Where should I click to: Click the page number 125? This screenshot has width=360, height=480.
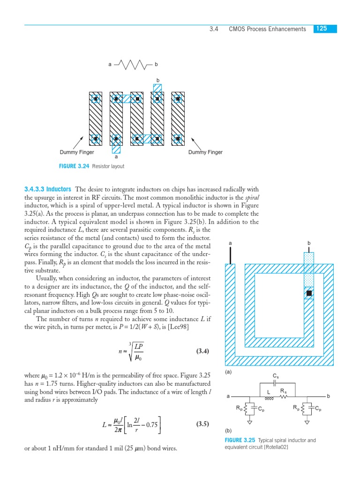tap(322, 29)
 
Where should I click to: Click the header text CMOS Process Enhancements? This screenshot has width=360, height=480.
tap(267, 29)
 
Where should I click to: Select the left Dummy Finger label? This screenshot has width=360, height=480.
tap(77, 152)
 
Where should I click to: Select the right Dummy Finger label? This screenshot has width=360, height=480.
tap(205, 152)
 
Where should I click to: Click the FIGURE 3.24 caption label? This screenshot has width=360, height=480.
tap(75, 166)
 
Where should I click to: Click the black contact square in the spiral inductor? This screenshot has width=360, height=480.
tap(309, 293)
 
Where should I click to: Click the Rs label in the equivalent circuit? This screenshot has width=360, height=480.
tap(283, 390)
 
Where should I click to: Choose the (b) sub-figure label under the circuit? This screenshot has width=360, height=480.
tap(228, 430)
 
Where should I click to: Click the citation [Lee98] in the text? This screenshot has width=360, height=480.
tap(177, 327)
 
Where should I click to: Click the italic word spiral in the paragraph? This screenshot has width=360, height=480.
tap(252, 197)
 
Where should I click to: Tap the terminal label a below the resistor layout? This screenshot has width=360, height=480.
tap(116, 157)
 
